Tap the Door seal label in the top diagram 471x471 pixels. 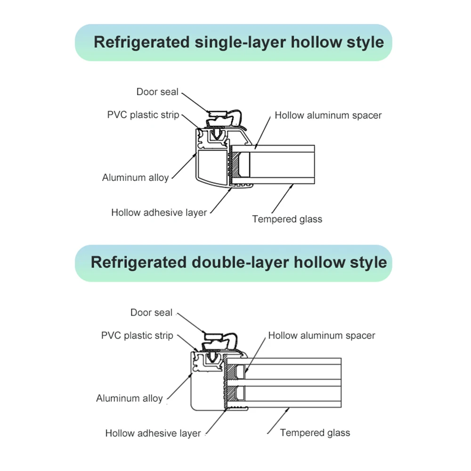pos(157,92)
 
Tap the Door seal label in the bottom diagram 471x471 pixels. pos(151,313)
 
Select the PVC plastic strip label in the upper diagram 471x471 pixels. pos(143,114)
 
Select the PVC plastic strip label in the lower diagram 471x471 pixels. pos(137,336)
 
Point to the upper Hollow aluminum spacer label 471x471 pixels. pos(328,115)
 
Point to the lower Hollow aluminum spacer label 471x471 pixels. pos(322,336)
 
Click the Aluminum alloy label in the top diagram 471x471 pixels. pos(135,178)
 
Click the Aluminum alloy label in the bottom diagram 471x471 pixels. pos(129,398)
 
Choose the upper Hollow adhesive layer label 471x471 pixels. pos(159,212)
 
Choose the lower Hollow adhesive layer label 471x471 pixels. pos(153,433)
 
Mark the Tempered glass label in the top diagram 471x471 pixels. pos(287,219)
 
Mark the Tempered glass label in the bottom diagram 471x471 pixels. pos(315,433)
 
